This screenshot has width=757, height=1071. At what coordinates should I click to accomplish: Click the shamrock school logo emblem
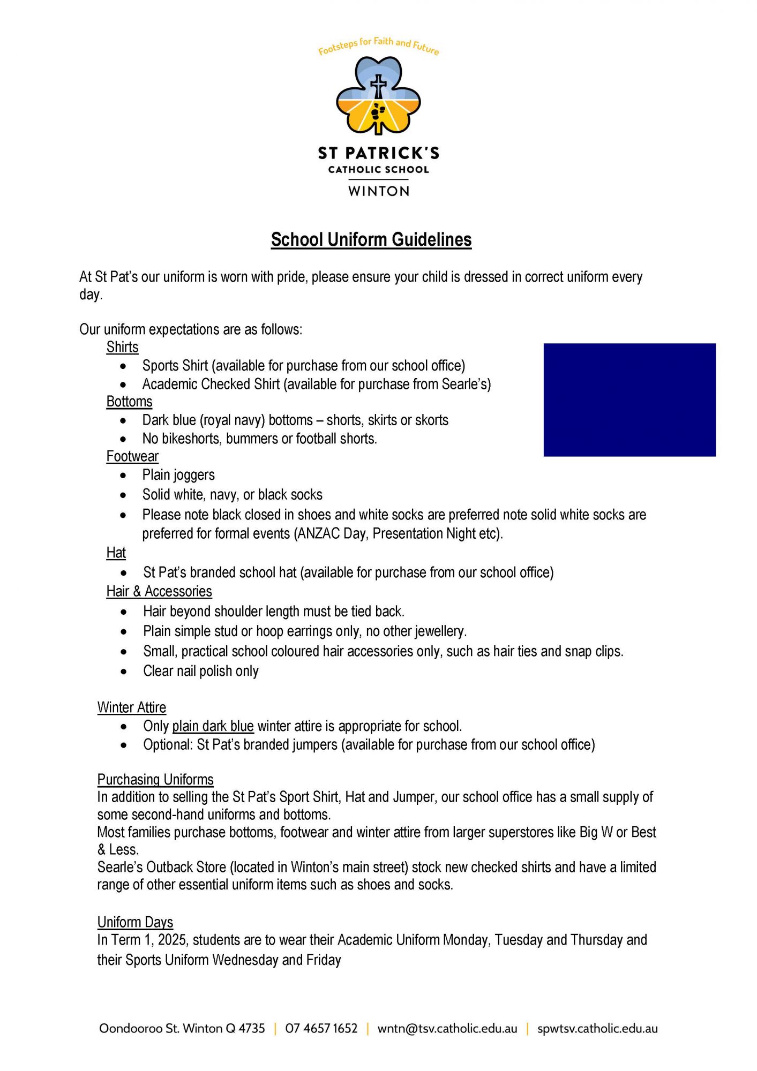[378, 96]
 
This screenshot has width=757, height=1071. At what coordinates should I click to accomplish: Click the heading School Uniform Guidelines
[371, 239]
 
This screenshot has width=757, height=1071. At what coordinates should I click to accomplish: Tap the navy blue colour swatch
[629, 399]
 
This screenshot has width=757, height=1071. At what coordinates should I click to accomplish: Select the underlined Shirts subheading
[122, 347]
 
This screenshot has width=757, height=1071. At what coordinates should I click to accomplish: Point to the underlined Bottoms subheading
[129, 402]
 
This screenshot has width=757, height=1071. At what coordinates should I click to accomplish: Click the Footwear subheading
[132, 456]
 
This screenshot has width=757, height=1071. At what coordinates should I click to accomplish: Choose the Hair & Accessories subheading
[159, 591]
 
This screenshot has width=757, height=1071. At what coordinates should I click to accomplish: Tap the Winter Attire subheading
[132, 707]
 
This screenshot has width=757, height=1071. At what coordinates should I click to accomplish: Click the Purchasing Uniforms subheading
[155, 779]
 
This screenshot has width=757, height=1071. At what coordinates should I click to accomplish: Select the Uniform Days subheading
[135, 922]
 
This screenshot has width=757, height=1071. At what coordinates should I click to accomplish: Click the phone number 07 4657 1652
[321, 1028]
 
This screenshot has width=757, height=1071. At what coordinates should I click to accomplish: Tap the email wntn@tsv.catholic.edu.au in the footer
[447, 1028]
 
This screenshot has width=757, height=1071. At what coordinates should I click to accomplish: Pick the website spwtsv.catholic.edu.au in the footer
[597, 1028]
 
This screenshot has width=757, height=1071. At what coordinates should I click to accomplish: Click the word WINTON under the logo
[379, 191]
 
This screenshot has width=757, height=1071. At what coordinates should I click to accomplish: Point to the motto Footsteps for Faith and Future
[378, 46]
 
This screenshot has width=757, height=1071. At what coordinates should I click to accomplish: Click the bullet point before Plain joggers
[124, 476]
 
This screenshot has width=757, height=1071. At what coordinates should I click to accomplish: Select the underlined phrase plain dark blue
[213, 726]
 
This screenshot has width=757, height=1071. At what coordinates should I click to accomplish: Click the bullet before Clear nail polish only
[124, 672]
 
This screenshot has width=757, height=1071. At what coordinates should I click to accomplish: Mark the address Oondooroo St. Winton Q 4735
[182, 1028]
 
